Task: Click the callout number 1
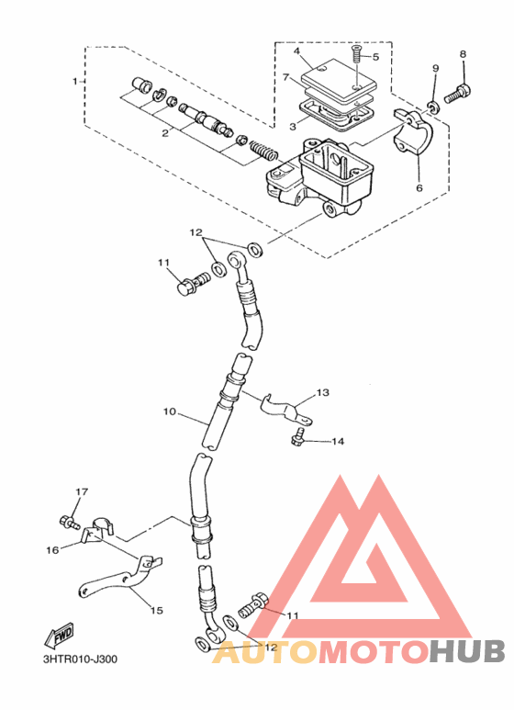click(x=75, y=82)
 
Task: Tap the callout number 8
click(x=463, y=54)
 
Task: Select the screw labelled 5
click(x=356, y=55)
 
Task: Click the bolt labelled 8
click(x=458, y=93)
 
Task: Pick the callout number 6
click(x=419, y=187)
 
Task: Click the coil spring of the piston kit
click(x=263, y=151)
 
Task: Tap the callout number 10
click(x=170, y=412)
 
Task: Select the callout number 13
click(x=323, y=392)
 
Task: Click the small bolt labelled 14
click(x=297, y=435)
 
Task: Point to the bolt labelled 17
click(x=70, y=523)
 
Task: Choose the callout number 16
click(x=52, y=549)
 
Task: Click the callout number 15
click(x=157, y=611)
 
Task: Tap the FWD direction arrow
click(x=59, y=636)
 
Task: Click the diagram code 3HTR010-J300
click(x=80, y=659)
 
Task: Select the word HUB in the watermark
click(x=467, y=651)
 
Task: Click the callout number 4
click(x=296, y=51)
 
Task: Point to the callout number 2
click(x=165, y=132)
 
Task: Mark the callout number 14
click(x=338, y=441)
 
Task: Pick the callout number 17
click(x=82, y=491)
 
